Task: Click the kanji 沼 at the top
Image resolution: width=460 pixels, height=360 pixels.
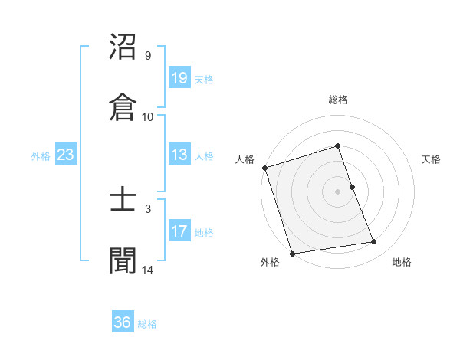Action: (123, 49)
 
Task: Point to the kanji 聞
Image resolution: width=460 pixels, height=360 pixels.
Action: (123, 260)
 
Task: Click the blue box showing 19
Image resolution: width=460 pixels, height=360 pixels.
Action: (179, 78)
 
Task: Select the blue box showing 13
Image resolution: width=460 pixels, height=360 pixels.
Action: (179, 155)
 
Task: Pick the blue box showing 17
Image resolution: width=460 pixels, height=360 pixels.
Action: (179, 232)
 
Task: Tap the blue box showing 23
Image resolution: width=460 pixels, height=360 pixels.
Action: (66, 155)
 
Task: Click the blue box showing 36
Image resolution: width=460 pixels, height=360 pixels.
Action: (123, 322)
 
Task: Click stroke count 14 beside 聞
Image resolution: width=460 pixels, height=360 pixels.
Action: (147, 269)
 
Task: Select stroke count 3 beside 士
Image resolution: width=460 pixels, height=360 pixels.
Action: (147, 208)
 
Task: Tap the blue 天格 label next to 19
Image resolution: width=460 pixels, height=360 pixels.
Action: (204, 79)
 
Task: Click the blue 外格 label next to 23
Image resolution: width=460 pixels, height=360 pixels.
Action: (41, 156)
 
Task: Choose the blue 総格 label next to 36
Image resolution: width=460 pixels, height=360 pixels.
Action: (147, 323)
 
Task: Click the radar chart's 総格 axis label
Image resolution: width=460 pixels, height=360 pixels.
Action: (337, 100)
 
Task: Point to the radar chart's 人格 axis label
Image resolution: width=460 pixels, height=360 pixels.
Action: (245, 159)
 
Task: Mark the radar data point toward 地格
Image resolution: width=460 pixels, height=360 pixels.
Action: (374, 242)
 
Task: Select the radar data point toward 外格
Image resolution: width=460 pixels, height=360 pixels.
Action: (292, 253)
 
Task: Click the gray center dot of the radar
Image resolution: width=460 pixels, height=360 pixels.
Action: (337, 191)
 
